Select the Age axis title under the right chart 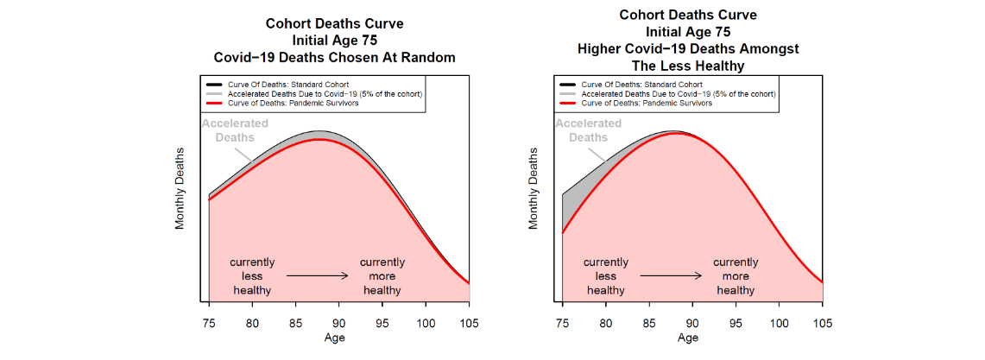688,338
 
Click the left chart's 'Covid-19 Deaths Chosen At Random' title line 334,57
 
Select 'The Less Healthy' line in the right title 688,66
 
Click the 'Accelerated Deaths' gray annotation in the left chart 235,130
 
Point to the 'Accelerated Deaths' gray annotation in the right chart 588,130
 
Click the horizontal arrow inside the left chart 317,275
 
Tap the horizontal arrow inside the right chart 671,275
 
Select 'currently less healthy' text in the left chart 252,275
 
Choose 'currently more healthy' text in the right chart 736,275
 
